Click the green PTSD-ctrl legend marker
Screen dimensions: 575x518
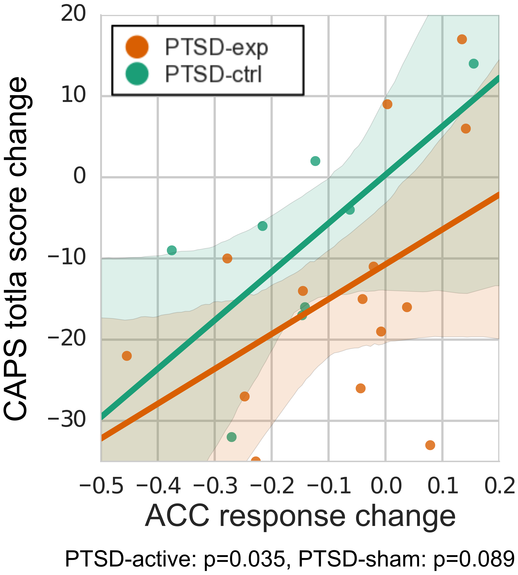tap(137, 74)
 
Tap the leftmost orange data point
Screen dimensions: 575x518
tap(127, 356)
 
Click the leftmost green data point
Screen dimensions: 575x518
tap(172, 250)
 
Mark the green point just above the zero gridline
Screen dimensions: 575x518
tap(315, 161)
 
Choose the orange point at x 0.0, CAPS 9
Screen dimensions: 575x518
tap(387, 104)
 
